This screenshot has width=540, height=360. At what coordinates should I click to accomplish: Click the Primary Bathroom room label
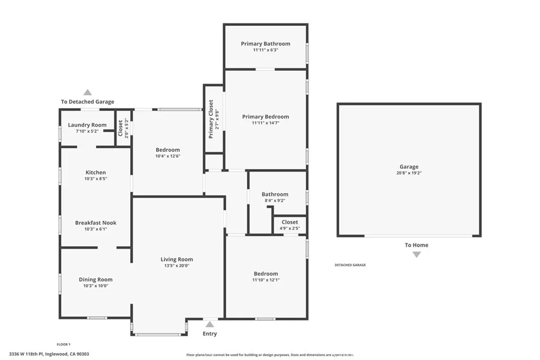(265, 44)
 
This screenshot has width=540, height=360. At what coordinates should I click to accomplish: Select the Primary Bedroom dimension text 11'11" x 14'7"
(265, 123)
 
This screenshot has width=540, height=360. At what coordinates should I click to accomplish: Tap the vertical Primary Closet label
(211, 119)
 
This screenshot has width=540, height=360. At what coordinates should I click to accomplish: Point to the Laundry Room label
(87, 125)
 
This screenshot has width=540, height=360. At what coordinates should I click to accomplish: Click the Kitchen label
(95, 172)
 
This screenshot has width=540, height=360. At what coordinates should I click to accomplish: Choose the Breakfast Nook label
(95, 223)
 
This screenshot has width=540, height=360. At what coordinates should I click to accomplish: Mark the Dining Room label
(95, 280)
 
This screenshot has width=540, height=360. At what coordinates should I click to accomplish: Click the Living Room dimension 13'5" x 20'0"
(177, 266)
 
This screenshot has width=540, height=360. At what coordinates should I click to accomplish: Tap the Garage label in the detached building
(409, 167)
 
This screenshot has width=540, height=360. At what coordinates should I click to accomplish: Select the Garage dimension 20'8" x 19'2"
(409, 173)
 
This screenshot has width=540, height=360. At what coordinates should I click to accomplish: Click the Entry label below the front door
(210, 334)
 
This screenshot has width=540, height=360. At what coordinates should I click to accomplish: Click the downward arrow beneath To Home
(417, 255)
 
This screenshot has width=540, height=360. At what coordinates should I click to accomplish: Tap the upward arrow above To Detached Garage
(88, 92)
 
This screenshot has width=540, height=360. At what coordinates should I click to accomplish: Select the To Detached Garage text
(88, 102)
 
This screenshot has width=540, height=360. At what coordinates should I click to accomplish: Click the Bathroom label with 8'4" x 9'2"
(275, 194)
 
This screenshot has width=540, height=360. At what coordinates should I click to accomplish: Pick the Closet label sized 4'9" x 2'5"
(290, 222)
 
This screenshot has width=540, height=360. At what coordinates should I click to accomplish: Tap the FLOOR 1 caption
(63, 344)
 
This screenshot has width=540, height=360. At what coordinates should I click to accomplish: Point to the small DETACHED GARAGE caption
(350, 265)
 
